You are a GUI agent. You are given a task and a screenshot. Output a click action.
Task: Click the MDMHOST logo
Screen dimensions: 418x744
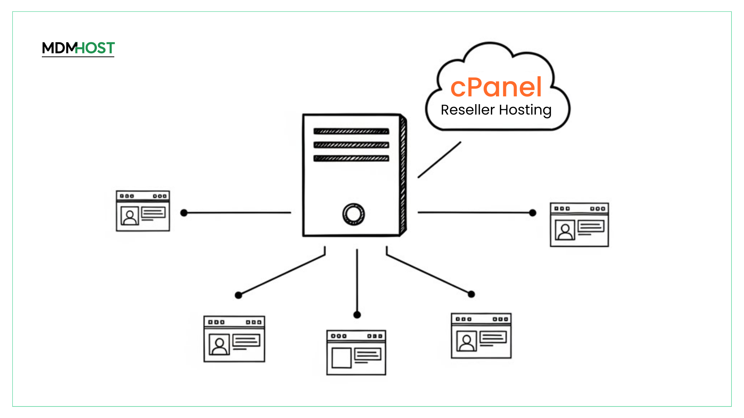(x=78, y=48)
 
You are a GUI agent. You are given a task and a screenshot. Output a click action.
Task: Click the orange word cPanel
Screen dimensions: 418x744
(x=496, y=87)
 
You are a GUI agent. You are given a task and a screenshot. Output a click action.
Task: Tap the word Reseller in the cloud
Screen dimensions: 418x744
(x=468, y=110)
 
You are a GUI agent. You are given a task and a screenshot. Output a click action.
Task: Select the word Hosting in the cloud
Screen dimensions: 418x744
(x=525, y=110)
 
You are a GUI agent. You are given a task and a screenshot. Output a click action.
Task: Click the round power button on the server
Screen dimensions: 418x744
(x=353, y=214)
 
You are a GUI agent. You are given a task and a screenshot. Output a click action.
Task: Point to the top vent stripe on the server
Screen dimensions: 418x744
(x=351, y=131)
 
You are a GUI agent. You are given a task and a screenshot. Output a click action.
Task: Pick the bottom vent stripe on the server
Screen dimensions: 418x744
(x=351, y=158)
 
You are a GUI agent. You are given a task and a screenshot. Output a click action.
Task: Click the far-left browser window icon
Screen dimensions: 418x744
(x=143, y=211)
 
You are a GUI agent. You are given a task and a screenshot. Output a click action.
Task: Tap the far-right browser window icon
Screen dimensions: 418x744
(x=579, y=224)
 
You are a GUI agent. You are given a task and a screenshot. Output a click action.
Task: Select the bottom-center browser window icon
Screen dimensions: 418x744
(x=356, y=352)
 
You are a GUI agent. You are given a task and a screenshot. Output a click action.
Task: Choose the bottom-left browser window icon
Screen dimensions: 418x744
(x=234, y=339)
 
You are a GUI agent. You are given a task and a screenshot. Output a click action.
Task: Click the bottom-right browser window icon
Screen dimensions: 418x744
(x=481, y=336)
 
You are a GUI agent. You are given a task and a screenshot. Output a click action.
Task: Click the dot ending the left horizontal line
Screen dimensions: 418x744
(x=184, y=213)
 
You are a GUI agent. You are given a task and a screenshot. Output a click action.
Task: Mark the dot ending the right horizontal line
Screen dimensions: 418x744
(x=533, y=213)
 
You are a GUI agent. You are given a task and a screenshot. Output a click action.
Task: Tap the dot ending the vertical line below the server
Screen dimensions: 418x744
(x=357, y=315)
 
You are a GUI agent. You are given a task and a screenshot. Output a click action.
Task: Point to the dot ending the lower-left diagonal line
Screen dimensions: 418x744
(x=239, y=295)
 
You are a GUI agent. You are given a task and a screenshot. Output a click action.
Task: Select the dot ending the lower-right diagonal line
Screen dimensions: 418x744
(x=471, y=295)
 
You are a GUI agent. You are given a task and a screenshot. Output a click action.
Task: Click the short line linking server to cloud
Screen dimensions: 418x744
(x=439, y=160)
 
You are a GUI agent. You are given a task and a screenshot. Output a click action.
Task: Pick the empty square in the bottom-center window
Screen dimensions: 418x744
(x=341, y=358)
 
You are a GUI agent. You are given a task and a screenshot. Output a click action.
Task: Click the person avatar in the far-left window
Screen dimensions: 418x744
(x=130, y=216)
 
